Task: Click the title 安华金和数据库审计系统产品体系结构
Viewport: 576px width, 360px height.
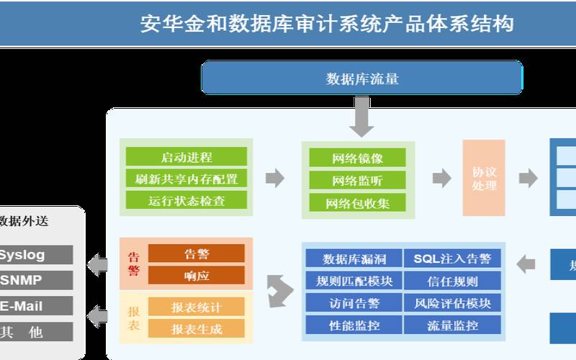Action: click(327, 24)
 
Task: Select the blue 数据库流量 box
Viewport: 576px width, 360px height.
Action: click(361, 78)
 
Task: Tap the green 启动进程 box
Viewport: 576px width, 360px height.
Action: click(186, 157)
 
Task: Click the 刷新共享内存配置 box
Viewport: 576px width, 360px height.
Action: click(186, 179)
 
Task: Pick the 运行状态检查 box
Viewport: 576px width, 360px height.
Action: click(186, 200)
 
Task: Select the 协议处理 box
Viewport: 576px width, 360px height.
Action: click(484, 179)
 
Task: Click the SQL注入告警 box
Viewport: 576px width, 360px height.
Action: click(452, 258)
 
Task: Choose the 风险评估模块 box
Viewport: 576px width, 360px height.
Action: click(452, 303)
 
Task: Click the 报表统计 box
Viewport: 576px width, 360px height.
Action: click(197, 307)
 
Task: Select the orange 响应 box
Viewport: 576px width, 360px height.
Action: click(197, 275)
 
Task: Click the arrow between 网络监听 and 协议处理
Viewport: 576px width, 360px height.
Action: click(441, 179)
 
